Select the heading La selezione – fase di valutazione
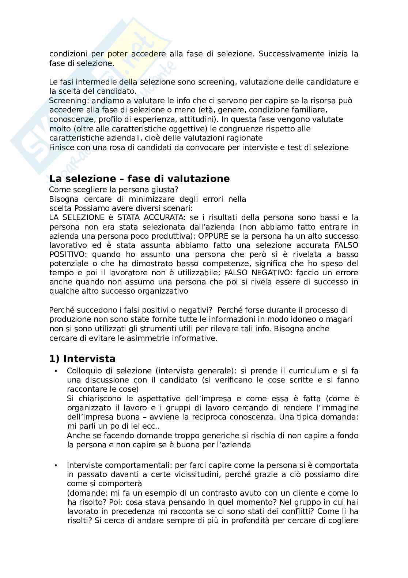[x=139, y=179]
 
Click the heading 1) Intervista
[x=82, y=359]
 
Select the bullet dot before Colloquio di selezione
[x=56, y=371]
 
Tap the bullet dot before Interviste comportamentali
[x=56, y=465]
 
